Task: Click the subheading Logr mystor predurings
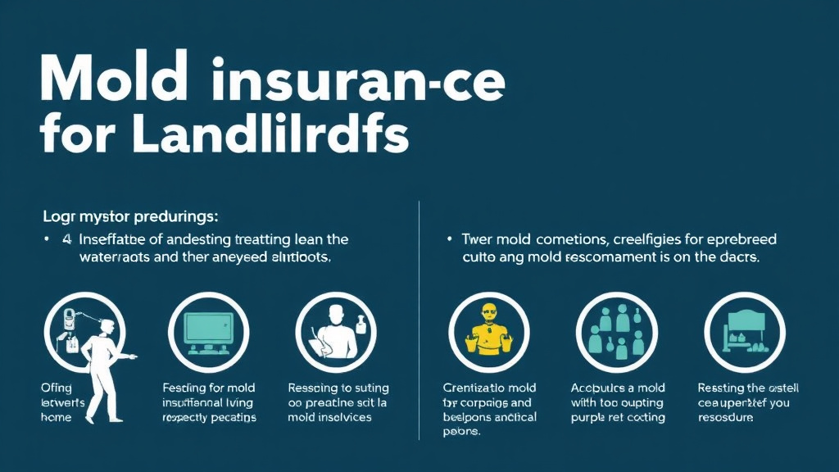pos(130,218)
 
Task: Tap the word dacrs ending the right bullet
pos(736,256)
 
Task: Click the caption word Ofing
pos(56,388)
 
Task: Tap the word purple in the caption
pos(592,417)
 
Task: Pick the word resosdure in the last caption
pos(725,417)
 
